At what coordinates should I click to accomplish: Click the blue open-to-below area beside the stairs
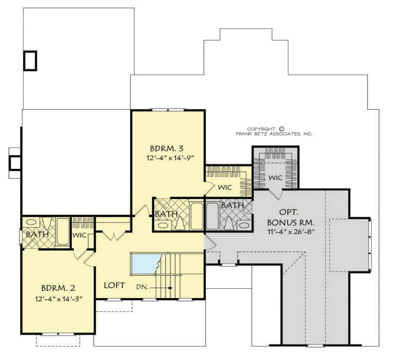click(x=146, y=262)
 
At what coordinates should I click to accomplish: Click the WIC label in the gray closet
click(x=276, y=178)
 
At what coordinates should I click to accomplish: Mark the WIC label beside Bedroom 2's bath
click(x=80, y=234)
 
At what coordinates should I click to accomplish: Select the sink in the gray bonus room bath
click(x=244, y=225)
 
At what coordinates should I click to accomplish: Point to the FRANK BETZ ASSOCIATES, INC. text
click(x=274, y=134)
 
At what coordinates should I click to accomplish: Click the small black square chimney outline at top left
click(x=30, y=60)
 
